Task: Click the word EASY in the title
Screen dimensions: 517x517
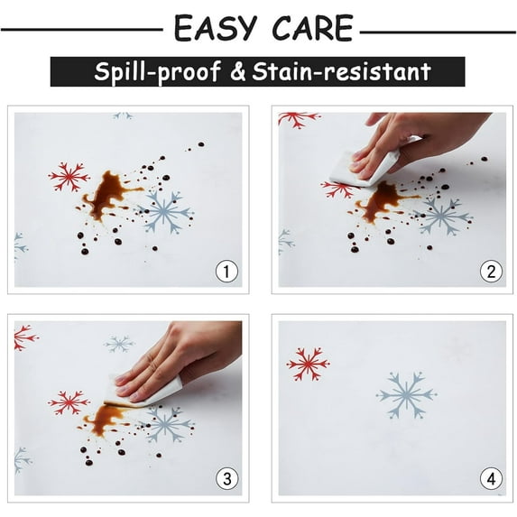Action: (x=216, y=28)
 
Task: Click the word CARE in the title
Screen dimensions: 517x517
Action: (x=313, y=28)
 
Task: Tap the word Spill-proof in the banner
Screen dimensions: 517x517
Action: (x=157, y=71)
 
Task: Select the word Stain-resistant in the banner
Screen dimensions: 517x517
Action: (x=342, y=71)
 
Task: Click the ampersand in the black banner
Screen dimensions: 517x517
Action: (x=237, y=72)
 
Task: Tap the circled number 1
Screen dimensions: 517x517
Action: (x=226, y=272)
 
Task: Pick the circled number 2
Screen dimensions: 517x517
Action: (x=491, y=272)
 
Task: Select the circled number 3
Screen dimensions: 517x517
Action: (x=226, y=479)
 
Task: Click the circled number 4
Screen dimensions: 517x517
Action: (x=491, y=479)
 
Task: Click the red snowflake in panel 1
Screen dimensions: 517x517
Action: (x=69, y=177)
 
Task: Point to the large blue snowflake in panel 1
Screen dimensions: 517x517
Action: (x=165, y=212)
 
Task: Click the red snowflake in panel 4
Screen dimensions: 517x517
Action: (x=309, y=364)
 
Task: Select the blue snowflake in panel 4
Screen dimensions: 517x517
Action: (x=407, y=394)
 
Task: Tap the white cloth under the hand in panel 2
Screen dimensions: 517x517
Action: (x=363, y=168)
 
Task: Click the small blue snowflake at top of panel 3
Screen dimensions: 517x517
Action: (x=119, y=344)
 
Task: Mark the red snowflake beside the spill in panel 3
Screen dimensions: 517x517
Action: (x=69, y=403)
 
